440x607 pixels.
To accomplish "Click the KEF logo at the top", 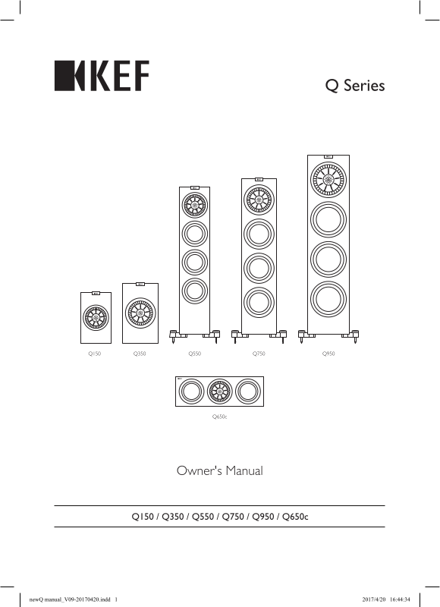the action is pos(102,76).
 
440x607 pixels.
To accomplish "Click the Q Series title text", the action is pos(355,85).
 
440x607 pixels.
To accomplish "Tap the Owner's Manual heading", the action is pos(220,470).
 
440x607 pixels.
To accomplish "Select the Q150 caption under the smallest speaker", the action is pos(95,354).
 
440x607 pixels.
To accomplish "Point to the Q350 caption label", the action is pos(140,354).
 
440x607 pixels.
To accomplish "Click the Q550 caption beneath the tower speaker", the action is pos(195,354).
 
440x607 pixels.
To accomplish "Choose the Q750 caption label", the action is pos(259,354).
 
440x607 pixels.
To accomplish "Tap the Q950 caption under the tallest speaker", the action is pos(328,354).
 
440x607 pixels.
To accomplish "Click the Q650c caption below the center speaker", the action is pos(219,417).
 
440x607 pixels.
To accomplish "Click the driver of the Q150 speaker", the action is pos(96,317).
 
